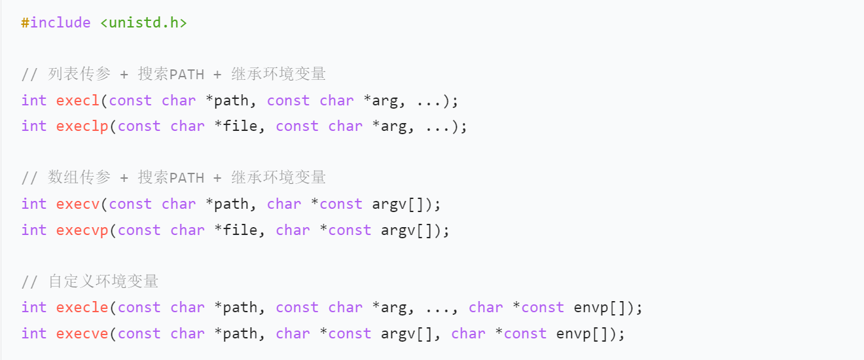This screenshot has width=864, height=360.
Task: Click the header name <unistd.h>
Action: pyautogui.click(x=143, y=22)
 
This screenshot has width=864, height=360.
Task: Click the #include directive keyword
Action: pyautogui.click(x=56, y=22)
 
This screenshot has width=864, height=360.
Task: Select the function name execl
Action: pyautogui.click(x=77, y=100)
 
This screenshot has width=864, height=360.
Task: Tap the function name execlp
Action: pyautogui.click(x=82, y=126)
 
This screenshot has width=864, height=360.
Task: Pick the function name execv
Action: pyautogui.click(x=77, y=204)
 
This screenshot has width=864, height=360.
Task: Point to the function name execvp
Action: pyautogui.click(x=82, y=230)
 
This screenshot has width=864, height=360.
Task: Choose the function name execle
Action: pyautogui.click(x=82, y=307)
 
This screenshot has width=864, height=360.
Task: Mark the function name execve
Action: pyautogui.click(x=82, y=333)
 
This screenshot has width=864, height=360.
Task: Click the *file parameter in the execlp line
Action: pyautogui.click(x=236, y=126)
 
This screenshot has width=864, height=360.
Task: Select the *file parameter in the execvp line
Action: pyautogui.click(x=236, y=230)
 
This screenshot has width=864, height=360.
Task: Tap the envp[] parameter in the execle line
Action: pyautogui.click(x=599, y=308)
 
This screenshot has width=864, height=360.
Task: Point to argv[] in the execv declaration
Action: pyautogui.click(x=397, y=204)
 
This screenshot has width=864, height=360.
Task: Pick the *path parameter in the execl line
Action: pyautogui.click(x=227, y=101)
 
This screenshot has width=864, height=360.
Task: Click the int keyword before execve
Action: pyautogui.click(x=34, y=333)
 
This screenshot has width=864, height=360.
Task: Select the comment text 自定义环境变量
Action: pyautogui.click(x=103, y=281)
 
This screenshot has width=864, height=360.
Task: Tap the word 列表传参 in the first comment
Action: pyautogui.click(x=79, y=74)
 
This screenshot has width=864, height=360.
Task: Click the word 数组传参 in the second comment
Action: pyautogui.click(x=79, y=177)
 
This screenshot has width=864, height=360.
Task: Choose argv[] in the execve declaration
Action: pyautogui.click(x=406, y=334)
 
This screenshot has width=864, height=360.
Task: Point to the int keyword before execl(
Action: pyautogui.click(x=34, y=100)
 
